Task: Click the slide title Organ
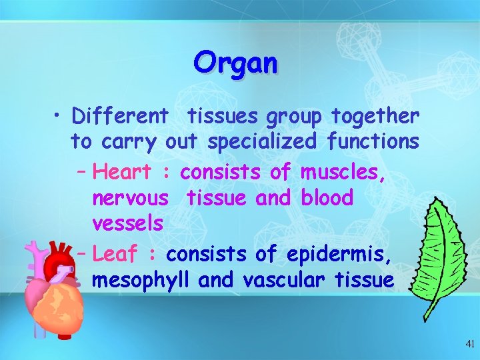point(235,63)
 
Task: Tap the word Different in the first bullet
point(120,117)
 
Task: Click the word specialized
point(262,142)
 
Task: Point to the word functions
point(373,142)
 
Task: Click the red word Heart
point(122,172)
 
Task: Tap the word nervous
point(130,198)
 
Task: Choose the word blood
point(327,198)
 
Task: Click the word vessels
point(127,223)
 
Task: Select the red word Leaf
point(115,255)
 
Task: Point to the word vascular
point(291,281)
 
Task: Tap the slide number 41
point(470,345)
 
